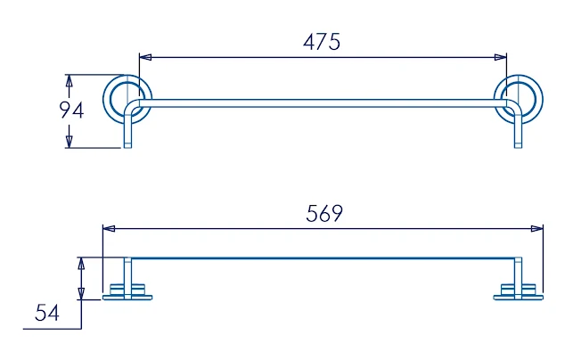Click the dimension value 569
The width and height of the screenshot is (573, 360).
click(324, 214)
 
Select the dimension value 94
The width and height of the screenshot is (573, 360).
click(71, 110)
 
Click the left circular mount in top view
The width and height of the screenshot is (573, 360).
click(127, 97)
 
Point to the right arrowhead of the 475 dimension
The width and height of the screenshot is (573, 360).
click(501, 57)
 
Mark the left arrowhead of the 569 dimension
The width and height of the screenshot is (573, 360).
click(109, 229)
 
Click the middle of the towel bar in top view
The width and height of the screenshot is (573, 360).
click(321, 103)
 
